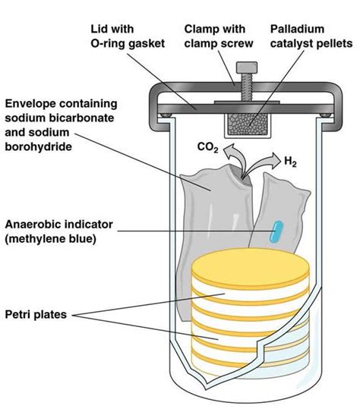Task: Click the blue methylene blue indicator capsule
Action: [x=276, y=231]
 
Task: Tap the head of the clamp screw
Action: [x=247, y=68]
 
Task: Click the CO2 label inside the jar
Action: [x=207, y=147]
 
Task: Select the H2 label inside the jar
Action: [x=290, y=162]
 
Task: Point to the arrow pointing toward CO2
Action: [x=234, y=159]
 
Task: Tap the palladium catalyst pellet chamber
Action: [x=248, y=124]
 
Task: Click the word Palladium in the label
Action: [x=297, y=29]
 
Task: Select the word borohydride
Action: [x=39, y=146]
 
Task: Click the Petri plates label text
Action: [x=36, y=315]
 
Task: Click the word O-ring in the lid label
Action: [x=108, y=44]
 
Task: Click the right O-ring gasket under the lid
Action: [x=326, y=115]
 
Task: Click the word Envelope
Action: [x=31, y=104]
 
